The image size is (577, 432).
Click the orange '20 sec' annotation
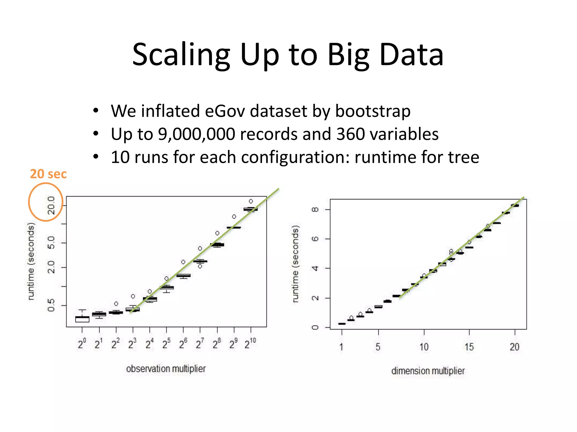click(x=48, y=174)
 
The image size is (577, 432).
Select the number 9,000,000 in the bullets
click(x=196, y=134)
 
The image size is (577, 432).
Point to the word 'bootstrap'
click(x=373, y=111)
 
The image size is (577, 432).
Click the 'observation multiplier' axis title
click(x=166, y=369)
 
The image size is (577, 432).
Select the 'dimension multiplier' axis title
click(x=428, y=371)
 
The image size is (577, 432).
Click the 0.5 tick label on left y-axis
click(x=51, y=305)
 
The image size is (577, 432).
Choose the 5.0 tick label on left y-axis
click(x=51, y=242)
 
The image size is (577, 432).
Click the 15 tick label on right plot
click(x=469, y=347)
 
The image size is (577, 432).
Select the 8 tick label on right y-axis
click(x=315, y=210)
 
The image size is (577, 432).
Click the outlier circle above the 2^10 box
click(x=251, y=201)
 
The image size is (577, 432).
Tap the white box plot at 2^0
click(x=82, y=319)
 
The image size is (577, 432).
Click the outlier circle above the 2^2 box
click(x=116, y=304)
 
